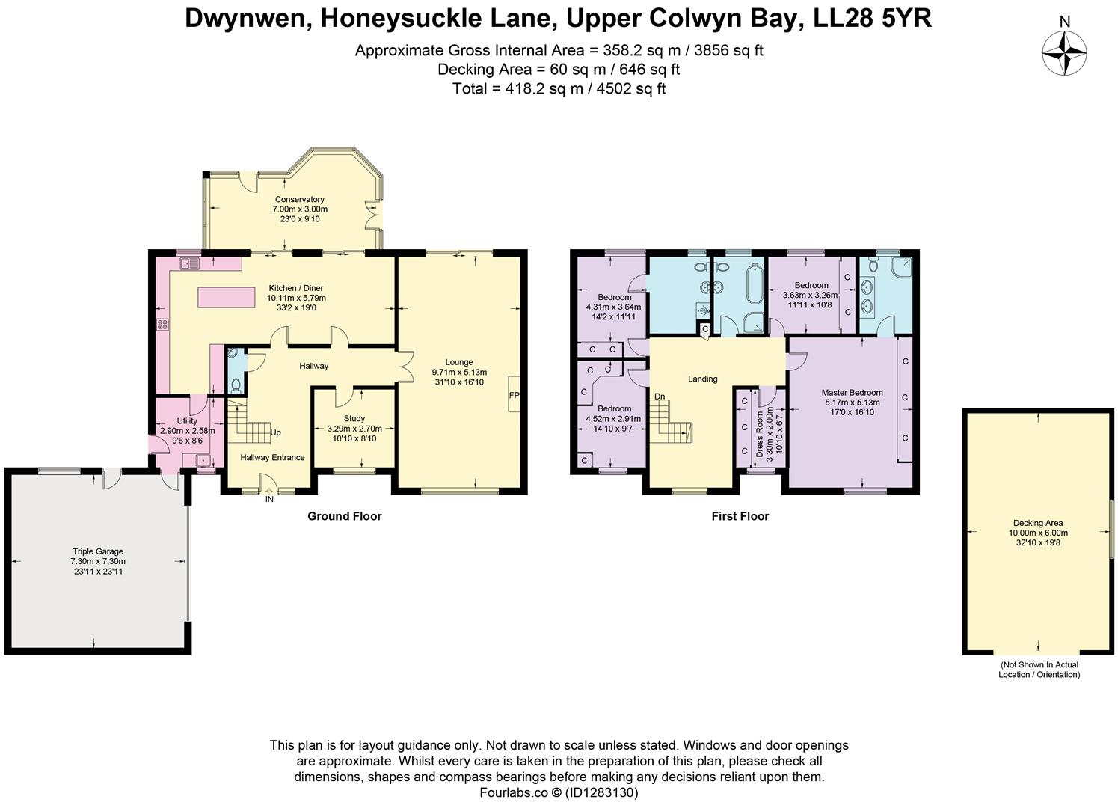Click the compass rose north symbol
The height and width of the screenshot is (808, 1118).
(x=1064, y=53)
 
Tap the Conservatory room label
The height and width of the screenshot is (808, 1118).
(x=299, y=200)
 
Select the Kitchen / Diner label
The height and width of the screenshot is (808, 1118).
(x=296, y=288)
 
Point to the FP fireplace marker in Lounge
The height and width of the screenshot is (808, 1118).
(x=515, y=395)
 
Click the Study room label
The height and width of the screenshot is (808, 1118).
(x=354, y=419)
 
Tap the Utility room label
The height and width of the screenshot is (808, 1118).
(x=186, y=421)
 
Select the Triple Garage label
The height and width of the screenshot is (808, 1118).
(x=97, y=552)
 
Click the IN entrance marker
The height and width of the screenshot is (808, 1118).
(x=269, y=499)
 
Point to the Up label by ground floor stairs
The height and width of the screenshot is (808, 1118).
(x=275, y=432)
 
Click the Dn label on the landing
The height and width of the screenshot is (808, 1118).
(x=660, y=397)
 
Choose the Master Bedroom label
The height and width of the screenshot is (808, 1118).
(x=852, y=393)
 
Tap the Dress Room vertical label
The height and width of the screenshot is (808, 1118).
(x=760, y=434)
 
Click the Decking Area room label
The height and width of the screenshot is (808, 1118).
(x=1038, y=523)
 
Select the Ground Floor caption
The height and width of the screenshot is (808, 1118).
(x=344, y=516)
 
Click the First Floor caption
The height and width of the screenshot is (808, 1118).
(x=740, y=516)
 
